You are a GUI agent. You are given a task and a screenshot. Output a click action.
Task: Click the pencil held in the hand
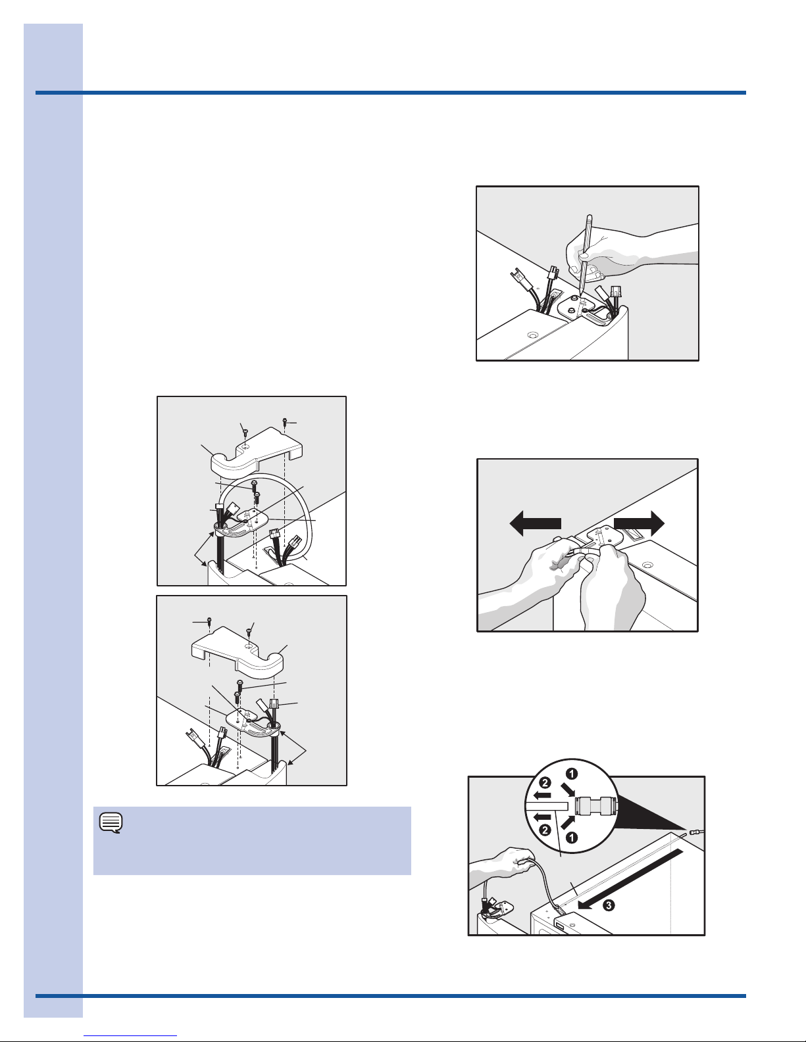(586, 254)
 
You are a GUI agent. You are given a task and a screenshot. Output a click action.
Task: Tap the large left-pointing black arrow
(535, 523)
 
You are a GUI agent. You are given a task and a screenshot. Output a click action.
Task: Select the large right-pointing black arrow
(639, 523)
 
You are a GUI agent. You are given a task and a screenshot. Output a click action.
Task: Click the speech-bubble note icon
(111, 823)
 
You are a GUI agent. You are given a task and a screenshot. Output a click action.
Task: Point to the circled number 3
(608, 905)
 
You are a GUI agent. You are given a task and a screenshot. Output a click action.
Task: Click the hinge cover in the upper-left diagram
(257, 451)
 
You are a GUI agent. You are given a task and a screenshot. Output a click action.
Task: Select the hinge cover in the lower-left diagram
(238, 650)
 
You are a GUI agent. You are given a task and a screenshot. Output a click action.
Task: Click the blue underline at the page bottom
(130, 1036)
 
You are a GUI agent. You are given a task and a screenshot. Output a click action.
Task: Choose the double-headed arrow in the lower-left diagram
(293, 747)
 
